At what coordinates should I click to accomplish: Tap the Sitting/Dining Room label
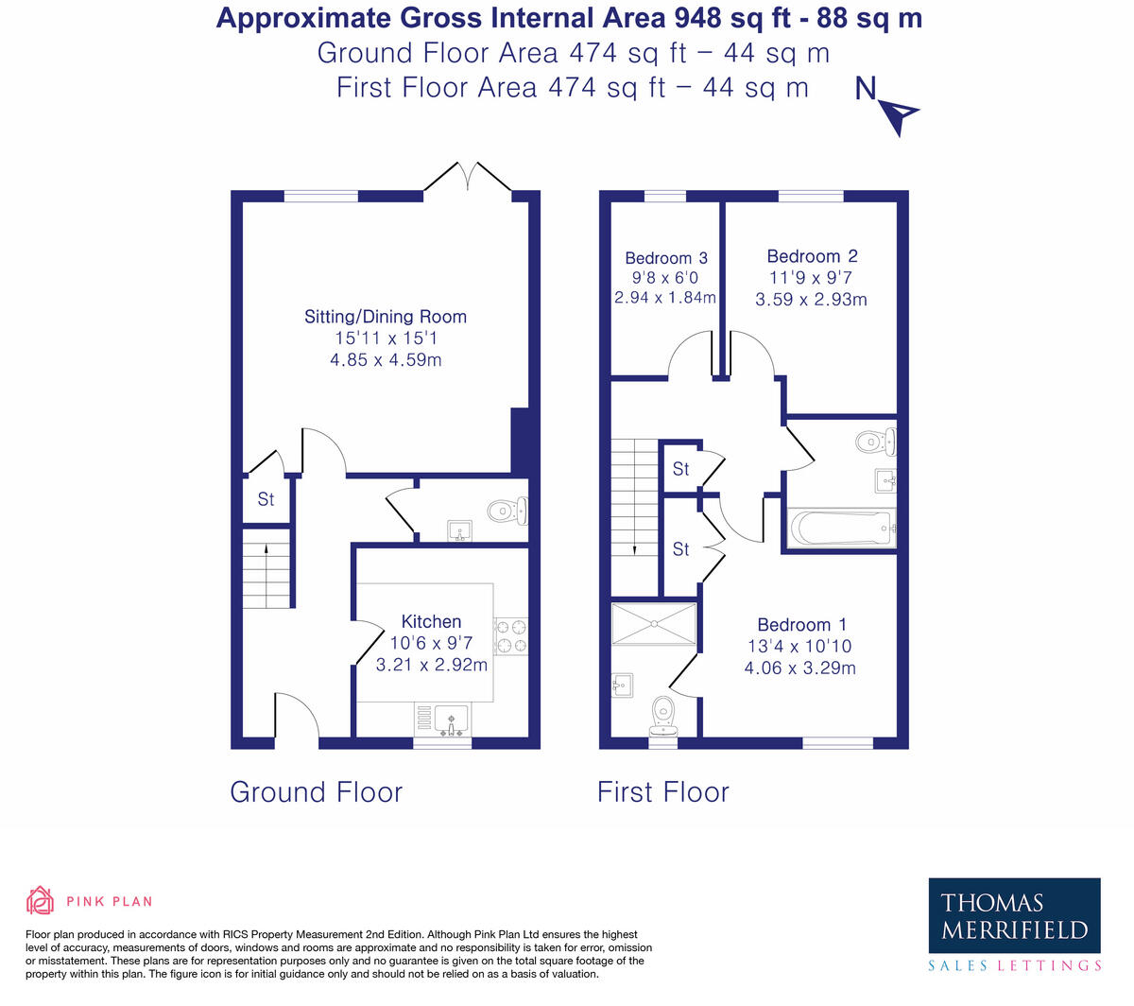pyautogui.click(x=385, y=317)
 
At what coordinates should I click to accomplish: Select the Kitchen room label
pyautogui.click(x=431, y=621)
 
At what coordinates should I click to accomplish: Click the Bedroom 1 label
pyautogui.click(x=801, y=625)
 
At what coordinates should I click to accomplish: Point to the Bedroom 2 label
pyautogui.click(x=812, y=256)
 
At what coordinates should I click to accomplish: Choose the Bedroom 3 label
pyautogui.click(x=666, y=258)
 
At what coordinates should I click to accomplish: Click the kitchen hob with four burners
pyautogui.click(x=511, y=635)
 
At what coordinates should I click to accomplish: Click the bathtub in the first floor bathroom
pyautogui.click(x=841, y=529)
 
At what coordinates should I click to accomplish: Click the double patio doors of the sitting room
pyautogui.click(x=467, y=178)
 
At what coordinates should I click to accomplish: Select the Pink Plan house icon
pyautogui.click(x=40, y=900)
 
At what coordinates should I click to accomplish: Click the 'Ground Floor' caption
pyautogui.click(x=316, y=791)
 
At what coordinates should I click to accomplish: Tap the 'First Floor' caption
pyautogui.click(x=662, y=791)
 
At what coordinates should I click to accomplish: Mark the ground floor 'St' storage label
pyautogui.click(x=266, y=498)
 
